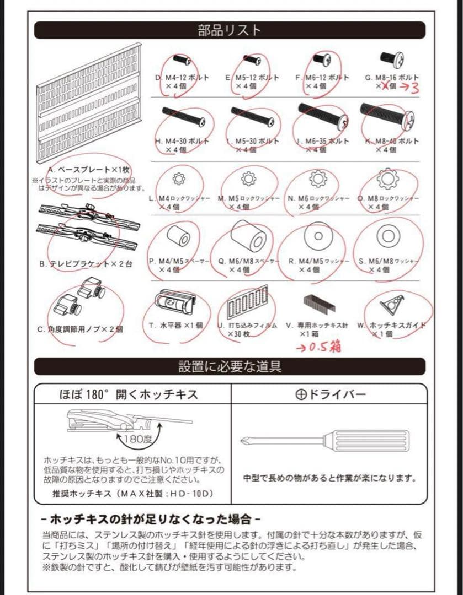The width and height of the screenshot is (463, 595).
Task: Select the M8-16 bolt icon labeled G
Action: (392, 57)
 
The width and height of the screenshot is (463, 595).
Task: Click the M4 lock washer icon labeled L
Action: (178, 178)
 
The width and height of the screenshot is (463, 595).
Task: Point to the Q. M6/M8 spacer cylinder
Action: (249, 237)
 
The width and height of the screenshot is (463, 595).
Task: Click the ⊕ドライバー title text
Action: (330, 394)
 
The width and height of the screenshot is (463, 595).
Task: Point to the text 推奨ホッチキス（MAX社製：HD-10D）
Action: (130, 493)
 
